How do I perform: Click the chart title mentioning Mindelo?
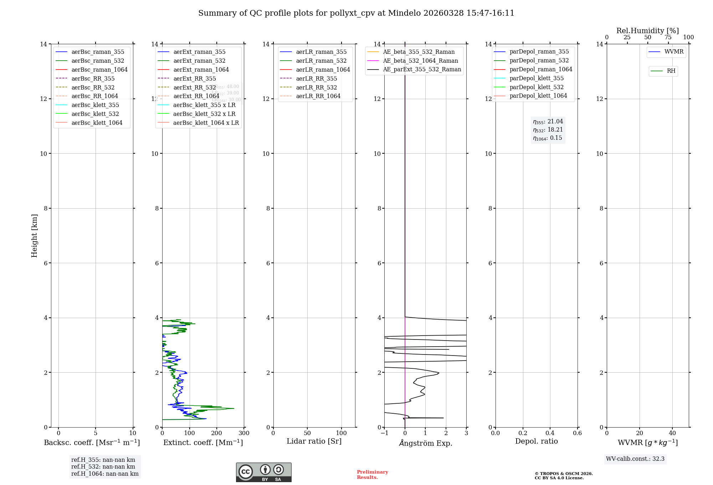pos(356,13)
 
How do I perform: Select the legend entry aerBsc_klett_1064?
pos(97,123)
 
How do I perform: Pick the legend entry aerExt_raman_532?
pos(199,61)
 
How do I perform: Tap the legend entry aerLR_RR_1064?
pos(318,96)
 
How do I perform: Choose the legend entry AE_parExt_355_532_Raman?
pos(422,69)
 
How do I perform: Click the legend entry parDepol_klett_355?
pos(537,78)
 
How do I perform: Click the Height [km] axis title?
pos(34,235)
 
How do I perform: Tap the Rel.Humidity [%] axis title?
pos(647,31)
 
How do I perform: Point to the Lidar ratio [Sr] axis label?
pos(314,441)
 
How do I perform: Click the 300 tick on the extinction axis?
pos(244,433)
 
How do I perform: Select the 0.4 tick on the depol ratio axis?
pos(550,433)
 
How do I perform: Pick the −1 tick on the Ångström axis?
pos(384,433)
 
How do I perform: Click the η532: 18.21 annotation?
pos(548,130)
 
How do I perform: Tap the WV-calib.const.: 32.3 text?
pos(635,459)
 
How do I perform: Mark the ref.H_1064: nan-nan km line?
pos(105,474)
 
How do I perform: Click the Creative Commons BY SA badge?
pos(263,473)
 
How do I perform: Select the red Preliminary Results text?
pos(372,475)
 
